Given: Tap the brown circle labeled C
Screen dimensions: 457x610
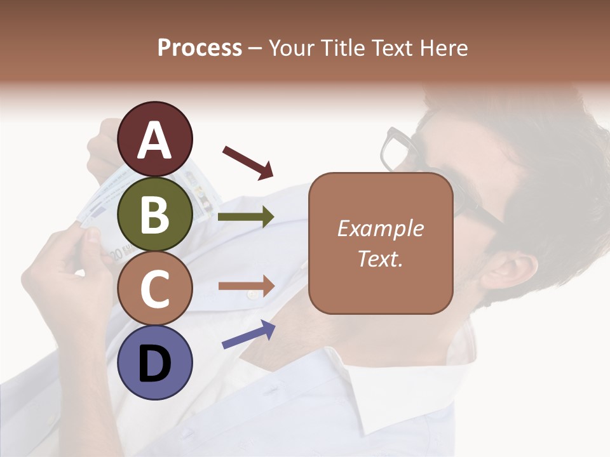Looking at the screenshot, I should tap(155, 289).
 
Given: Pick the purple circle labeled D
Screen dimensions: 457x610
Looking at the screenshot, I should tap(155, 362).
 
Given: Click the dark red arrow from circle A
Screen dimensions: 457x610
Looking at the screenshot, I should tap(247, 161).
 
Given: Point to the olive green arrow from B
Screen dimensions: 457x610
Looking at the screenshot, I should tap(246, 217).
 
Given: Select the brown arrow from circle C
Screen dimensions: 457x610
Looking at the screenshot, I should tap(246, 286).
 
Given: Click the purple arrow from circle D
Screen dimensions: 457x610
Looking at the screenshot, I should tap(248, 334).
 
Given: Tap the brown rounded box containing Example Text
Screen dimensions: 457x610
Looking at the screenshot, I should tap(381, 243).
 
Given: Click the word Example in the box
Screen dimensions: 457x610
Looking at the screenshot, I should tap(381, 228).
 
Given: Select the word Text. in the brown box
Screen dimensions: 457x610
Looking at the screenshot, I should tap(381, 259).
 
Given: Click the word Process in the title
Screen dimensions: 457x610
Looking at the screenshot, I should tap(200, 48).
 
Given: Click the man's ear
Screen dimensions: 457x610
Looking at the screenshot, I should tap(508, 270).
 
